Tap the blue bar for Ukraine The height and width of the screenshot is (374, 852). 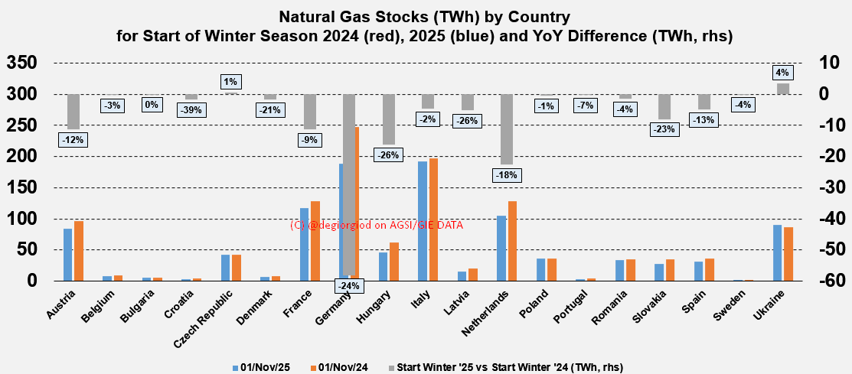tap(778, 252)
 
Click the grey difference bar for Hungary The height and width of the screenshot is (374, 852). tap(389, 119)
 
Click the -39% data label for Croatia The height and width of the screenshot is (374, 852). tap(191, 110)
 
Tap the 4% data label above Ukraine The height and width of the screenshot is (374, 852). tap(782, 73)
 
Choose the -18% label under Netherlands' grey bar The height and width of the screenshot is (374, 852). tap(506, 175)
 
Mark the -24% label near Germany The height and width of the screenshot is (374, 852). tap(349, 286)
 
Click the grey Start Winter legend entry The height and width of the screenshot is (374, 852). tap(505, 367)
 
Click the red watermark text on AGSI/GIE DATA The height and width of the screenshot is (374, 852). tap(377, 225)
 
